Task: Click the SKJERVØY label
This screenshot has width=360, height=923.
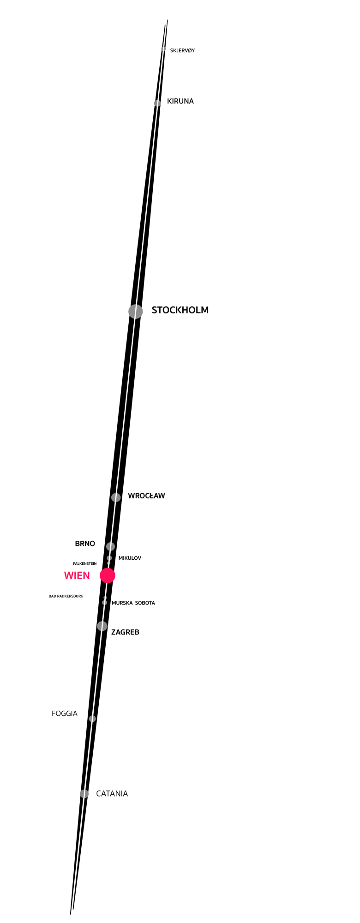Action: point(182,51)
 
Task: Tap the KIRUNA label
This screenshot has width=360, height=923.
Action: point(180,102)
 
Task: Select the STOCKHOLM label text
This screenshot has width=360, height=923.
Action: point(180,310)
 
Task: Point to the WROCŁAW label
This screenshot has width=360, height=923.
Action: point(146,496)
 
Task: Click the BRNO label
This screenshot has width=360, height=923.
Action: point(85,544)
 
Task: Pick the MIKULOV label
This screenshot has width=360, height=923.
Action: point(130,558)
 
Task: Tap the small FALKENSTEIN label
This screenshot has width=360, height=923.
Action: point(85,564)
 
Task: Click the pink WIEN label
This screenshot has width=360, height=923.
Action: point(77,575)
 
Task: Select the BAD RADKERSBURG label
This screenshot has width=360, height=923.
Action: point(66,596)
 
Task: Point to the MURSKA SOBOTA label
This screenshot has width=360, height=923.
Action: point(133,603)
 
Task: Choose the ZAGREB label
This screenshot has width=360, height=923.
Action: point(125,632)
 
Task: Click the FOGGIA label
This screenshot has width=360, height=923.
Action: point(65,713)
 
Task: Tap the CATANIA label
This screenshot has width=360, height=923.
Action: point(112,794)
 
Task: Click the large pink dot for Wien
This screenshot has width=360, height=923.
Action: point(108,575)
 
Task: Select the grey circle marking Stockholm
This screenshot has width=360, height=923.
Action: point(136,312)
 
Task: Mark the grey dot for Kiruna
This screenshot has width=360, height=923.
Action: point(157,103)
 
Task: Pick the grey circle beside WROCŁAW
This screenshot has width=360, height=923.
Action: point(116,497)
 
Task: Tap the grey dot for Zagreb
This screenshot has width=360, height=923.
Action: point(102,626)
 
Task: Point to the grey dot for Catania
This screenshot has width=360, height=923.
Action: point(84,794)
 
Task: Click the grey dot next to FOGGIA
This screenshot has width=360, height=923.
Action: point(92,719)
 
